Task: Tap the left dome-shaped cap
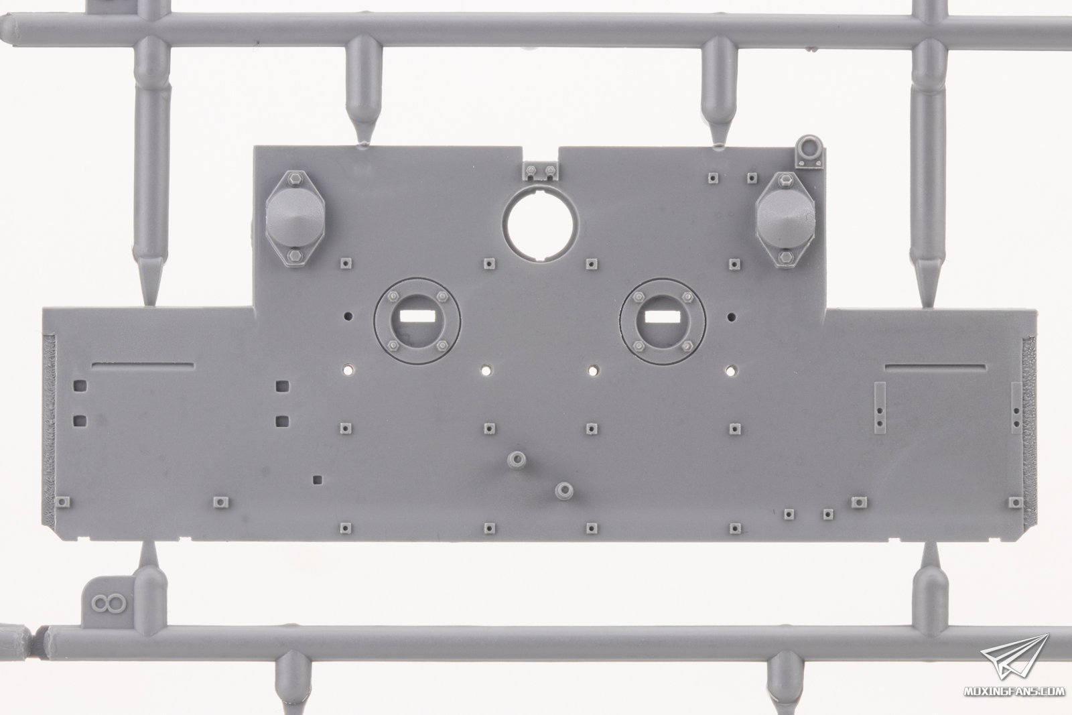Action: click(295, 218)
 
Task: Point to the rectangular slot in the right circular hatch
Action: click(663, 316)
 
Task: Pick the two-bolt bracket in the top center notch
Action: click(540, 171)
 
